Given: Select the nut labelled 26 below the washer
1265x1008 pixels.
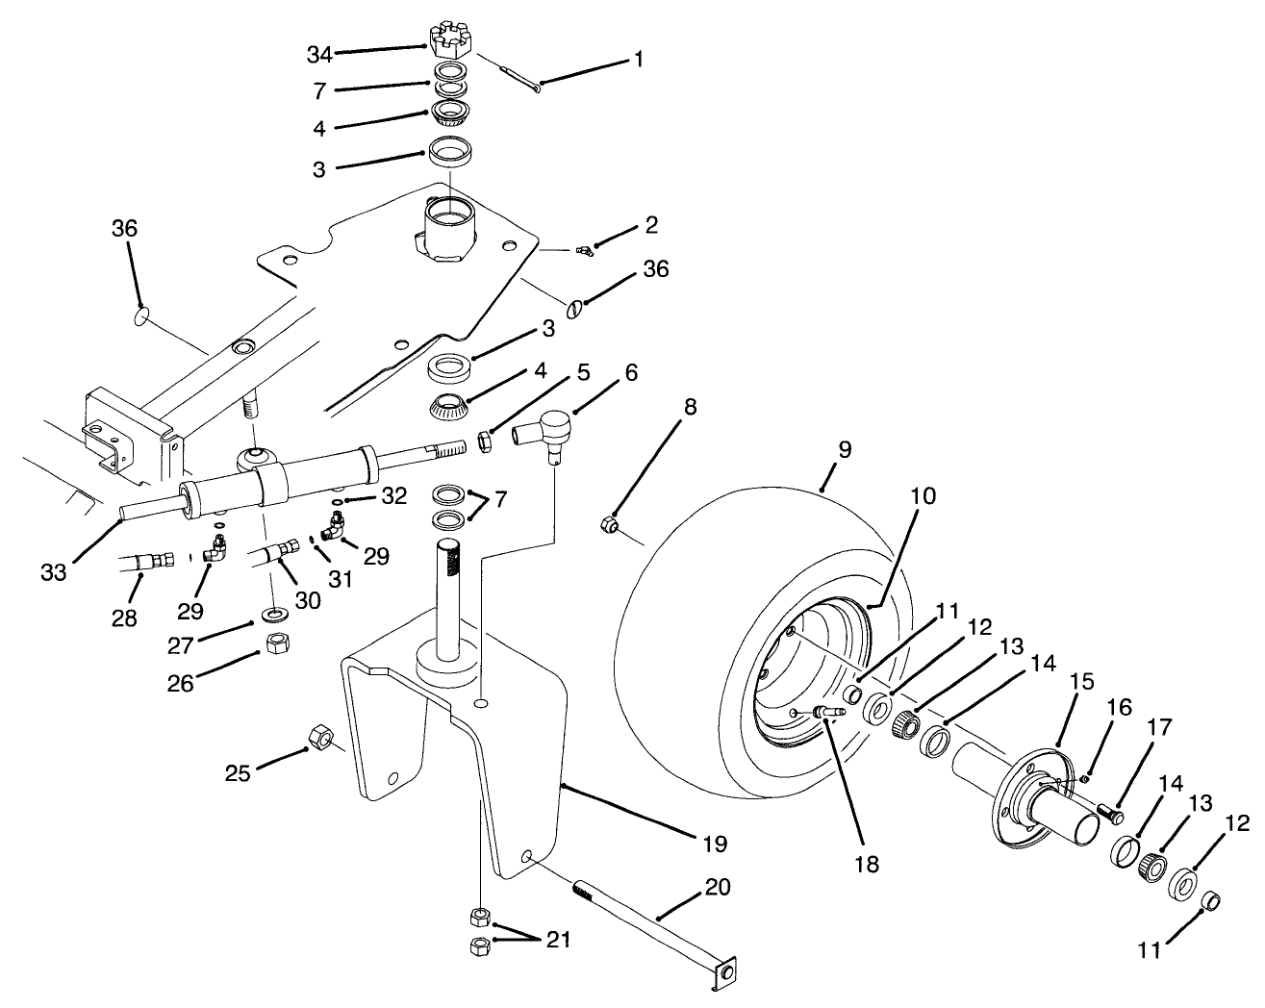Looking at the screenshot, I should [x=275, y=642].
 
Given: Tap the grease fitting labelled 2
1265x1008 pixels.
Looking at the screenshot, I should [x=581, y=251].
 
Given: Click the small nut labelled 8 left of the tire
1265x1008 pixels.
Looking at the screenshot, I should [x=607, y=524].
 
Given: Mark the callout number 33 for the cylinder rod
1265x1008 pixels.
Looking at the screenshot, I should [x=54, y=573].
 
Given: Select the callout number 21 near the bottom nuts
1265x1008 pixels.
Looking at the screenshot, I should [x=557, y=940].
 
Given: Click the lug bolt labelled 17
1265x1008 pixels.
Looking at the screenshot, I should [x=1112, y=816].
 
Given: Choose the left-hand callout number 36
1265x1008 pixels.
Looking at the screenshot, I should [x=124, y=229].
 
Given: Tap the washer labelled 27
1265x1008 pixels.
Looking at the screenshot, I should [x=273, y=613].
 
